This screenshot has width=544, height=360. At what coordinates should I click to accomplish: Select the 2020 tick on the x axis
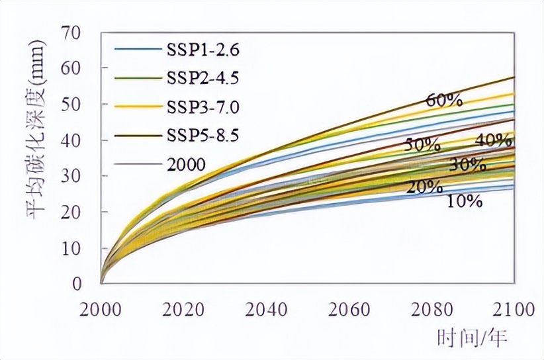pos(184,310)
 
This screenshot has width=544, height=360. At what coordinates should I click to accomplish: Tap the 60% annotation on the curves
pos(444,101)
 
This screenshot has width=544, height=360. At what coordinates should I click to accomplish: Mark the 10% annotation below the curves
pos(463,201)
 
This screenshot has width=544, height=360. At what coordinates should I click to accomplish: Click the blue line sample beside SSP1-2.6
pos(137,50)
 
